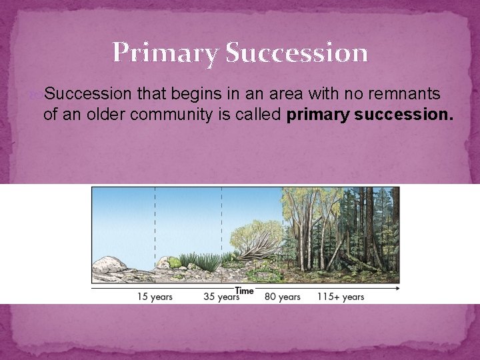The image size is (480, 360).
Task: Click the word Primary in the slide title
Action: pyautogui.click(x=166, y=53)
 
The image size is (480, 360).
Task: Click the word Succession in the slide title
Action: pyautogui.click(x=297, y=53)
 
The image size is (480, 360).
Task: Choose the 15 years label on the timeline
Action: pyautogui.click(x=155, y=297)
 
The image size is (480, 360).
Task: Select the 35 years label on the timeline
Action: pyautogui.click(x=221, y=297)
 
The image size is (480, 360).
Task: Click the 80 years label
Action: pyautogui.click(x=283, y=297)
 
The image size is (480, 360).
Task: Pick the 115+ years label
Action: pyautogui.click(x=340, y=297)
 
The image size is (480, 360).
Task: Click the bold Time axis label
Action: pyautogui.click(x=244, y=291)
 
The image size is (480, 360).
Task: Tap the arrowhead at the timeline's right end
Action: pyautogui.click(x=397, y=289)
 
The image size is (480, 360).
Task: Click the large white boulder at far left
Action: pyautogui.click(x=109, y=266)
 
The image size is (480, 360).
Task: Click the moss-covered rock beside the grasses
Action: pyautogui.click(x=175, y=262)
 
